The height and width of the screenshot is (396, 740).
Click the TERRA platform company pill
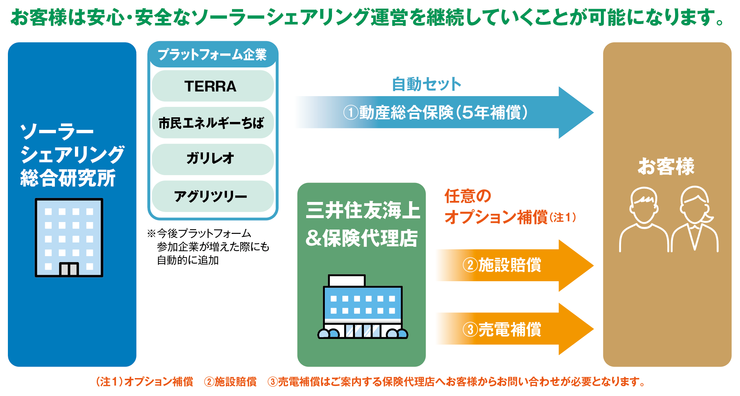(x=213, y=86)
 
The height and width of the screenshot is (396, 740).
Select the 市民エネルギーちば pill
(x=213, y=123)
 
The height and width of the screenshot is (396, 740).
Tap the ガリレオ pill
(x=213, y=159)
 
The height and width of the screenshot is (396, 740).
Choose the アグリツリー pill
(x=213, y=196)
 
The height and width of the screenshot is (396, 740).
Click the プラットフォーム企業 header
(x=213, y=55)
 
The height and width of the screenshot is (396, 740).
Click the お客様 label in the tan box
(x=666, y=166)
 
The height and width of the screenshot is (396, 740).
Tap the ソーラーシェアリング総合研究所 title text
(x=72, y=155)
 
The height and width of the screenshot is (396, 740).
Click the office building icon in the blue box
(x=69, y=237)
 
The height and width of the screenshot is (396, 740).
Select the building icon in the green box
(x=363, y=307)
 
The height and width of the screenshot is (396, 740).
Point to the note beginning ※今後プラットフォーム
(x=208, y=247)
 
